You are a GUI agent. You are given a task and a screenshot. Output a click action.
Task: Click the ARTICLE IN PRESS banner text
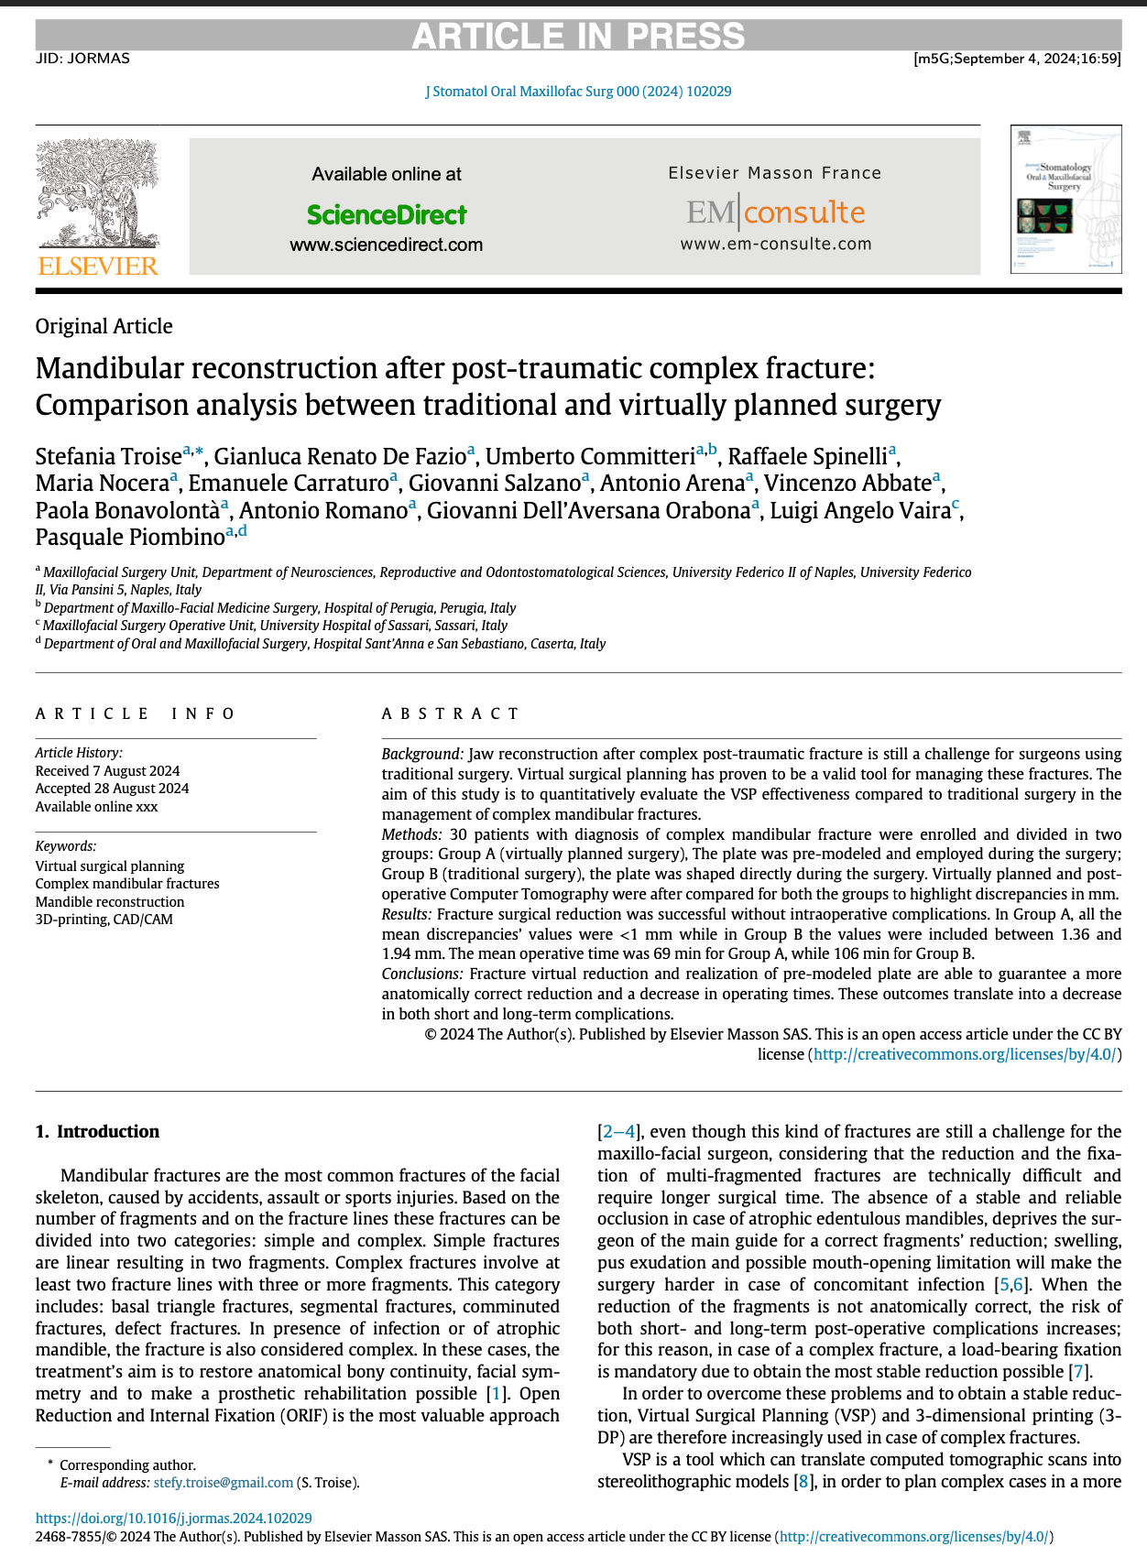click(x=578, y=36)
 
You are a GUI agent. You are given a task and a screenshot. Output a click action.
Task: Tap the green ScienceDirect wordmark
click(x=387, y=215)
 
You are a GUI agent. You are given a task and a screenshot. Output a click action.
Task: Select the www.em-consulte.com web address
click(x=775, y=244)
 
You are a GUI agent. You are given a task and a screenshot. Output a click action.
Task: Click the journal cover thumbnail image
click(x=1065, y=199)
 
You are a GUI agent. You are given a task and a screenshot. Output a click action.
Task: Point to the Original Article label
click(x=104, y=326)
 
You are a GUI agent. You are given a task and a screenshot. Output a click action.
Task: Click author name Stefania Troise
click(x=108, y=456)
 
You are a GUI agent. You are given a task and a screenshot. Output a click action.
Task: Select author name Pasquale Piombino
click(x=130, y=537)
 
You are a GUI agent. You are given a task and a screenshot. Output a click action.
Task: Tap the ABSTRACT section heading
click(x=451, y=713)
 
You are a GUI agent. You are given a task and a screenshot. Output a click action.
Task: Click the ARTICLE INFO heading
click(x=136, y=713)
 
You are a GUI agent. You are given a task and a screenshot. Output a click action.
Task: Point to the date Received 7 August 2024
click(x=107, y=770)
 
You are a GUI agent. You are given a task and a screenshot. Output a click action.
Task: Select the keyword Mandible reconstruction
click(x=110, y=901)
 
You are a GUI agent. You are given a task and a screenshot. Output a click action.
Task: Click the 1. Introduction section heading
click(x=97, y=1131)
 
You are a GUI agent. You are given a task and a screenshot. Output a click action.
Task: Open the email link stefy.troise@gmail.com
click(x=223, y=1482)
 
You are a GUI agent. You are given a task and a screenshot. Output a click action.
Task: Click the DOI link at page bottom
click(x=174, y=1518)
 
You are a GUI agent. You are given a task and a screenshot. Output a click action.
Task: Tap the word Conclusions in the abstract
click(x=421, y=974)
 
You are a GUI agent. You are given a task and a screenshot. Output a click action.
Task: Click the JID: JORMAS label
click(x=82, y=59)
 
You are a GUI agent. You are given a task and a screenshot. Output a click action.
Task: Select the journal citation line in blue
click(x=578, y=92)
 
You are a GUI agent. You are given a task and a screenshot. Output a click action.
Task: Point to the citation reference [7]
click(x=1080, y=1371)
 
